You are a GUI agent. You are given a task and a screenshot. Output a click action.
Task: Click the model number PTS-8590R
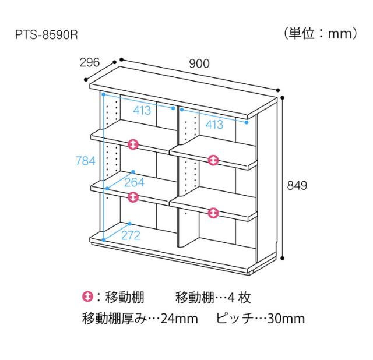point(46,34)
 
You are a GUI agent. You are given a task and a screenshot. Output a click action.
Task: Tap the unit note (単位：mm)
point(321,34)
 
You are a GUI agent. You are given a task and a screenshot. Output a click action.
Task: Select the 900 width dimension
point(198,64)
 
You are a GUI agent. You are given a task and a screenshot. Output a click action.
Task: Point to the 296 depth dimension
point(90,62)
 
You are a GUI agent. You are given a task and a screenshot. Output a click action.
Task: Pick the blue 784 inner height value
point(85,161)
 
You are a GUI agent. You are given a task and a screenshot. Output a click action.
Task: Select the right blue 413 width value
point(214,125)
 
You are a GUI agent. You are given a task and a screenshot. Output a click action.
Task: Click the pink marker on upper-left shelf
point(133,144)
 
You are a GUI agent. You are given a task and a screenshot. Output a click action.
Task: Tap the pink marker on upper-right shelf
point(213,159)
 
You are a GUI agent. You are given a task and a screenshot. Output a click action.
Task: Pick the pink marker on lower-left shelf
point(133,197)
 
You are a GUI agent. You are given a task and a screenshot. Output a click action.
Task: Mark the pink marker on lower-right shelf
point(213,213)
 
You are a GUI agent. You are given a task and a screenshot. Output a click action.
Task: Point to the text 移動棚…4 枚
point(212,298)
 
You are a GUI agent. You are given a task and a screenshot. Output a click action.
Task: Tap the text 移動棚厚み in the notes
point(111,319)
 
